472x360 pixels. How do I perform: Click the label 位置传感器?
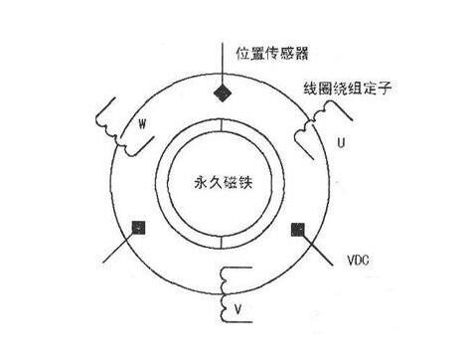coord(272,53)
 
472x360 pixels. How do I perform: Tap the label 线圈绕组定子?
coord(348,89)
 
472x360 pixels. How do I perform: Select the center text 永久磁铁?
coord(223,182)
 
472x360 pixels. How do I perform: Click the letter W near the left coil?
coord(142,124)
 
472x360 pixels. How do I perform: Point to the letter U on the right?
coord(341,142)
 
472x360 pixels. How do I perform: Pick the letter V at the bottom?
coord(237,309)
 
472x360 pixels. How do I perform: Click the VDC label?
coord(358,261)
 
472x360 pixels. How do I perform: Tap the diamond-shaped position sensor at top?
coord(223,93)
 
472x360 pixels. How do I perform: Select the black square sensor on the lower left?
coord(138,228)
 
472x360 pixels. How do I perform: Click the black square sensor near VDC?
coord(298,230)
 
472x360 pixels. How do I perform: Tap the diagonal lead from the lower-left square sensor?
coord(118,247)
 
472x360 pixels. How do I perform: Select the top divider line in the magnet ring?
coord(221,125)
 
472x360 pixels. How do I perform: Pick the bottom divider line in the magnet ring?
coord(221,243)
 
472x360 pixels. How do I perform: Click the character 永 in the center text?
coord(201,182)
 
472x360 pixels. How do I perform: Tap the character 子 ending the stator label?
coord(386,89)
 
